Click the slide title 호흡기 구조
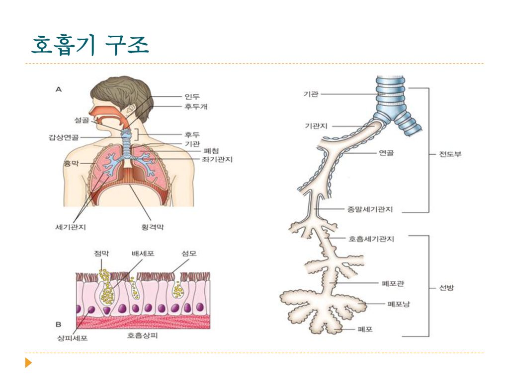(x=89, y=46)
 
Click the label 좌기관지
(x=217, y=159)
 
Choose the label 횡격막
(x=153, y=227)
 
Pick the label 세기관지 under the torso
(x=70, y=227)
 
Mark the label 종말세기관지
(x=369, y=209)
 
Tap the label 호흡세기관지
(x=371, y=239)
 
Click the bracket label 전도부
(x=450, y=154)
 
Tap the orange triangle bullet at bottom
(x=29, y=363)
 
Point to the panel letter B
(x=58, y=325)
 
